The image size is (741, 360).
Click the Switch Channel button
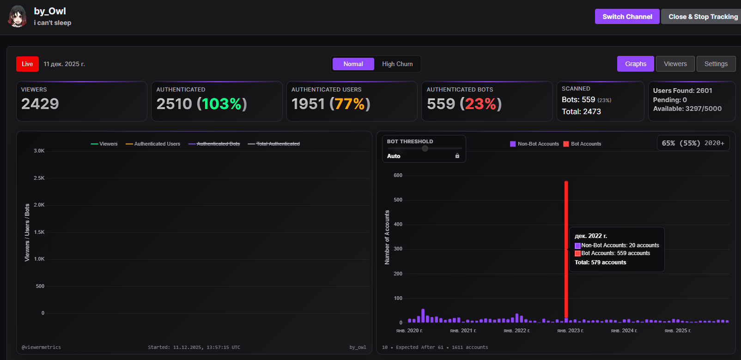point(627,17)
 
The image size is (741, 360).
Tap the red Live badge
point(27,64)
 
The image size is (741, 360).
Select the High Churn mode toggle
point(397,64)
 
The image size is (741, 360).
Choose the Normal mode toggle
point(353,64)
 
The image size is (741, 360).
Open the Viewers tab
point(675,64)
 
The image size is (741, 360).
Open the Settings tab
point(716,64)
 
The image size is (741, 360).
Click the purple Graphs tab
point(635,64)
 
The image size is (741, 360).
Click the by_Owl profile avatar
point(18,17)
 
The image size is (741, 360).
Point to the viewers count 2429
point(40,104)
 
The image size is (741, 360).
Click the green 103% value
point(222,104)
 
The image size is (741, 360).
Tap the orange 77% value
point(350,104)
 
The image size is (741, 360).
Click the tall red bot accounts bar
point(566,250)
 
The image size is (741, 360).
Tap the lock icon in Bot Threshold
point(457,156)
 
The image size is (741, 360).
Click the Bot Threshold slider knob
point(425,148)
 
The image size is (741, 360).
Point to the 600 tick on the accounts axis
point(398,176)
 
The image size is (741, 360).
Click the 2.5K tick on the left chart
point(39,178)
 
